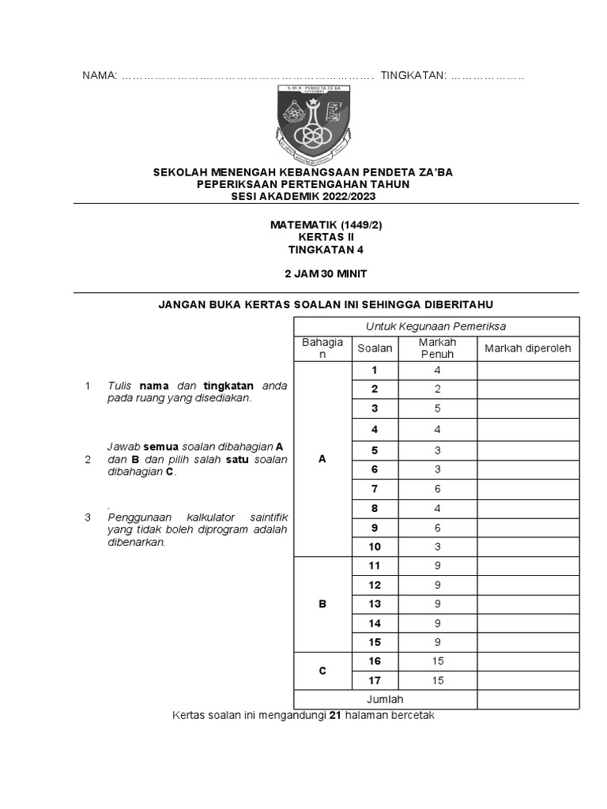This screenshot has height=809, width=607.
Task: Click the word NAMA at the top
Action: pyautogui.click(x=100, y=75)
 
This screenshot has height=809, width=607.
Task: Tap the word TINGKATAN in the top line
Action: pyautogui.click(x=413, y=75)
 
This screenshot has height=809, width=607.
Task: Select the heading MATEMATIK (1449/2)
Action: pyautogui.click(x=326, y=224)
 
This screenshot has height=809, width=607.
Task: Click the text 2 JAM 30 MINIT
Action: pyautogui.click(x=326, y=273)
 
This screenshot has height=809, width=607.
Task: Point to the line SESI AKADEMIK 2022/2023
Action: pyautogui.click(x=326, y=195)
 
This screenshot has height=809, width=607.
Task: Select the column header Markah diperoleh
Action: pyautogui.click(x=527, y=348)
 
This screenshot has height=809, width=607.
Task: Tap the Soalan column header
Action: pyautogui.click(x=375, y=348)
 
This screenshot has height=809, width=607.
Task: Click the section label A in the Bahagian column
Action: pyautogui.click(x=322, y=459)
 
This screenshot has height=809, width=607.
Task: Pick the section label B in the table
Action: pyautogui.click(x=322, y=604)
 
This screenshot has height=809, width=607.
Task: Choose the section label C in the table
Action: pyautogui.click(x=322, y=671)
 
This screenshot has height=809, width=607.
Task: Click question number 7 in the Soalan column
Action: pyautogui.click(x=375, y=489)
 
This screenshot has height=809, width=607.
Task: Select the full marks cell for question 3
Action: pyautogui.click(x=437, y=408)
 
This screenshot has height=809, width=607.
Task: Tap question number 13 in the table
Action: pyautogui.click(x=375, y=604)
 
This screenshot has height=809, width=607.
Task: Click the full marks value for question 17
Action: pyautogui.click(x=437, y=680)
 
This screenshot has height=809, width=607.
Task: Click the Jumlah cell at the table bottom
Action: pyautogui.click(x=385, y=699)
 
